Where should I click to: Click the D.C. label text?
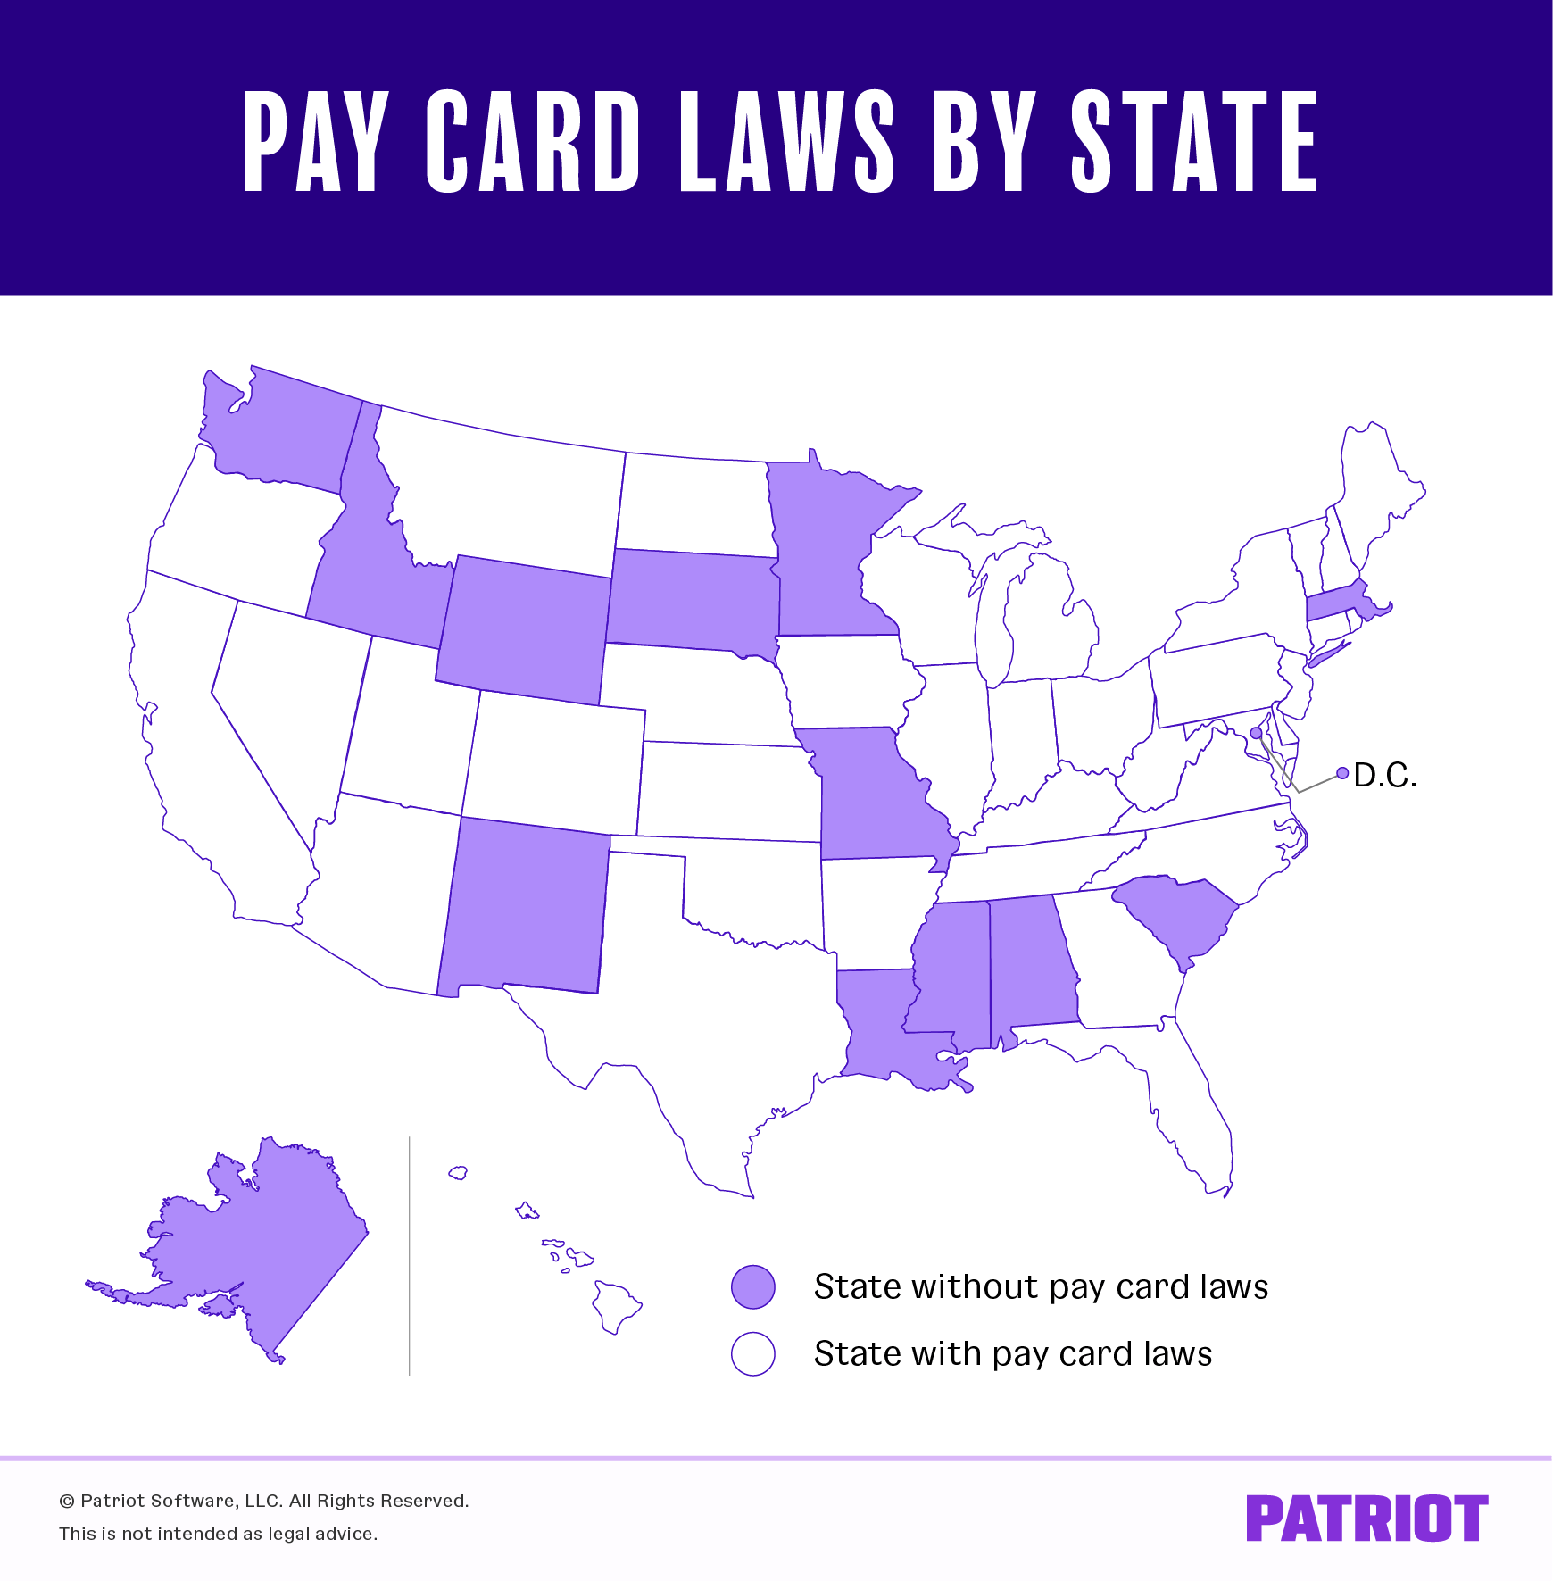tap(1385, 775)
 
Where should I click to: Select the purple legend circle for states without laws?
tap(753, 1286)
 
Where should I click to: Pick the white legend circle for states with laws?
tap(753, 1353)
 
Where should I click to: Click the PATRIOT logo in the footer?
tap(1366, 1518)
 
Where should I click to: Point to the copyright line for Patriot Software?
tap(264, 1501)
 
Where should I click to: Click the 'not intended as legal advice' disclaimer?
tap(219, 1534)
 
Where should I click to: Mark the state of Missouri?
tap(875, 795)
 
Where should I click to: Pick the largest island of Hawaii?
tap(615, 1306)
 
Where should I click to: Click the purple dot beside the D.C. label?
tap(1342, 773)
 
